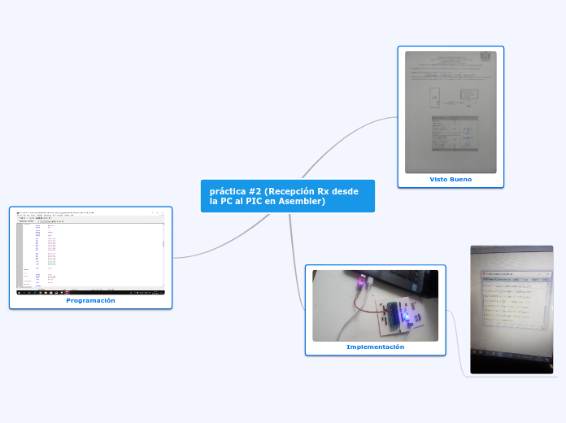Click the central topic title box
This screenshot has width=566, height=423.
pyautogui.click(x=287, y=196)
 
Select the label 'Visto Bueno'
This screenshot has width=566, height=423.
pyautogui.click(x=451, y=179)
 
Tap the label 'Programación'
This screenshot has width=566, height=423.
pyautogui.click(x=90, y=300)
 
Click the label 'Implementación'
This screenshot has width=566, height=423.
pyautogui.click(x=375, y=347)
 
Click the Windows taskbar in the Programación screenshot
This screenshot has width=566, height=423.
pyautogui.click(x=90, y=292)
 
